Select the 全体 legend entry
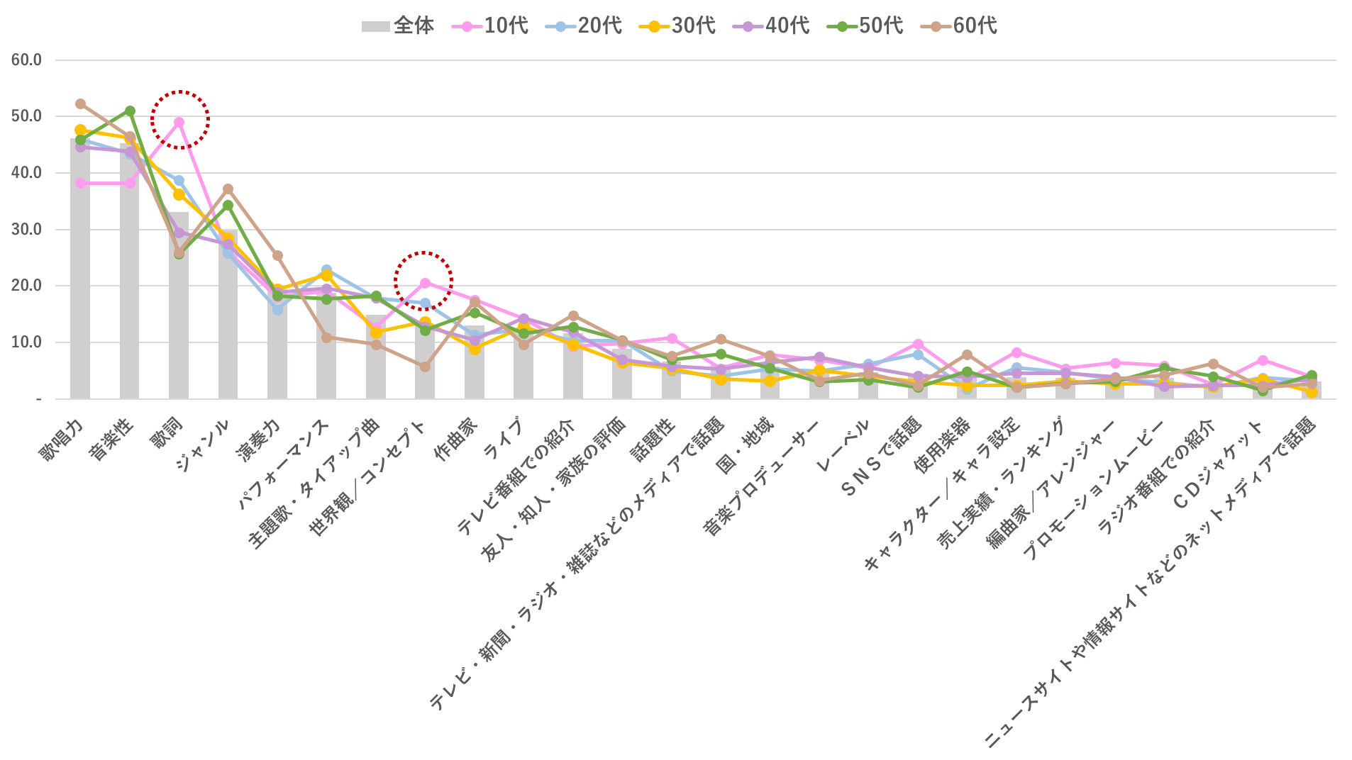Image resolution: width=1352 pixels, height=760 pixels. pyautogui.click(x=398, y=26)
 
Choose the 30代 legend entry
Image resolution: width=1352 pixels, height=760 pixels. pyautogui.click(x=678, y=26)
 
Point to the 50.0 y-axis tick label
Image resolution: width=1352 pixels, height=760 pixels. pyautogui.click(x=26, y=116)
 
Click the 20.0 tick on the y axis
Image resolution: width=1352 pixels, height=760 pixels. pyautogui.click(x=26, y=286)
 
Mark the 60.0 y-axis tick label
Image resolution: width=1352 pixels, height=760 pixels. pyautogui.click(x=26, y=60)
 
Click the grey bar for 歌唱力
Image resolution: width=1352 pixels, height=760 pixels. pyautogui.click(x=80, y=284)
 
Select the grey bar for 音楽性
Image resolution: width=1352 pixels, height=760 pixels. pyautogui.click(x=130, y=284)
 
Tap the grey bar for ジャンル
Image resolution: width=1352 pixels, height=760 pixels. pyautogui.click(x=228, y=319)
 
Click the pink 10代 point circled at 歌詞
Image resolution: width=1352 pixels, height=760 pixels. pyautogui.click(x=179, y=122)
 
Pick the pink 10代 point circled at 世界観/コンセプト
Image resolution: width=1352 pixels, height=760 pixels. pyautogui.click(x=425, y=283)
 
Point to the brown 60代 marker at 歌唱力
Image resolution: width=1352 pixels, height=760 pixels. pyautogui.click(x=80, y=104)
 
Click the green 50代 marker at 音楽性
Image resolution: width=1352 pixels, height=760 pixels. pyautogui.click(x=130, y=111)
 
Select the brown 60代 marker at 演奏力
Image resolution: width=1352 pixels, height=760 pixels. pyautogui.click(x=277, y=255)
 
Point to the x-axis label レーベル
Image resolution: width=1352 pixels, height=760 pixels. pyautogui.click(x=843, y=447)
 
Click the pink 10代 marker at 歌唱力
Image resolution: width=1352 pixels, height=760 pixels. pyautogui.click(x=80, y=184)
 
